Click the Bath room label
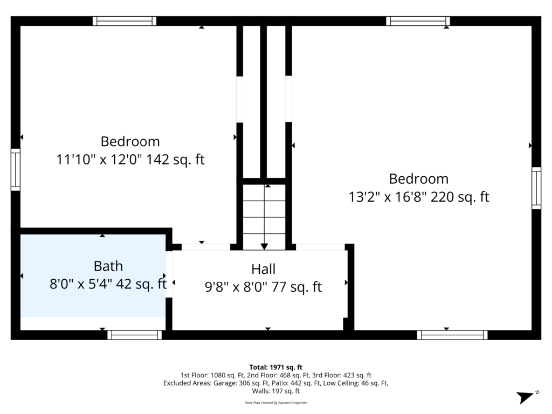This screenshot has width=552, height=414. point(108,266)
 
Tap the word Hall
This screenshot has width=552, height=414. point(263,270)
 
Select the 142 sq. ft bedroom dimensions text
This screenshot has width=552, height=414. point(130,160)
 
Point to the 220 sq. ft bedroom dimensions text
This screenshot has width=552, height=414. point(418,197)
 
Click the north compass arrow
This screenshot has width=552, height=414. point(526,397)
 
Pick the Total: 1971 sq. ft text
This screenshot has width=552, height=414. point(275,367)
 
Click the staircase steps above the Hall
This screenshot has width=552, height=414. point(264,217)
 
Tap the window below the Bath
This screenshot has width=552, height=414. point(134,335)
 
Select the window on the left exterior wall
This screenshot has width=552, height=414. point(16,170)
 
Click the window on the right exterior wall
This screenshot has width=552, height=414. point(536,188)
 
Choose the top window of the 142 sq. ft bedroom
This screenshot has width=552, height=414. point(125,21)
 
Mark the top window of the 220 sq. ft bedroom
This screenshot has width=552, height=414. point(418,21)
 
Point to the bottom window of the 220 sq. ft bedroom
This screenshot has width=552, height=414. point(452,335)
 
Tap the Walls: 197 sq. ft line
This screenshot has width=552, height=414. point(275,391)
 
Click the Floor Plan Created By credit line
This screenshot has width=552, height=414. point(275,403)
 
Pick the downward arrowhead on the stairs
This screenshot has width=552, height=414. point(264,246)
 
